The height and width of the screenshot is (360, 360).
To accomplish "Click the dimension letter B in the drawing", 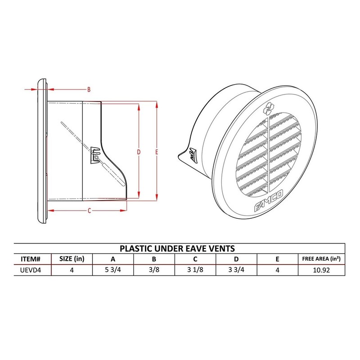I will [89, 90].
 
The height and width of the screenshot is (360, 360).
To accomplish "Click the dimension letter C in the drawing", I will [89, 210].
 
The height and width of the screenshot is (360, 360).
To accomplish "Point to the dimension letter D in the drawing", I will [139, 152].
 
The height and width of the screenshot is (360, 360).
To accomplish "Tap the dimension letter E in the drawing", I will [156, 152].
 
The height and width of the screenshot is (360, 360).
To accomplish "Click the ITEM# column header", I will [31, 259].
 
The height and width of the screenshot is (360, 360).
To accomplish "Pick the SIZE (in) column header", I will [71, 259].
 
